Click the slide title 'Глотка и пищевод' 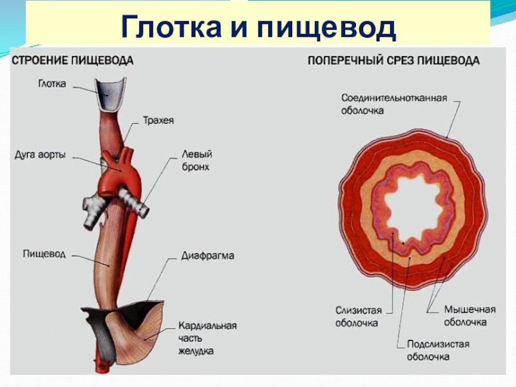(258, 28)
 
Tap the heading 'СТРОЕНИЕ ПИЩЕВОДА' (72, 61)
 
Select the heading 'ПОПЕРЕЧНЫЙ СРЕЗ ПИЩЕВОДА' (393, 61)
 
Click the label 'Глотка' (52, 84)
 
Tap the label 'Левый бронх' (197, 160)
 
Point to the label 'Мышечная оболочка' (464, 316)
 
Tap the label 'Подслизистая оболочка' (438, 350)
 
